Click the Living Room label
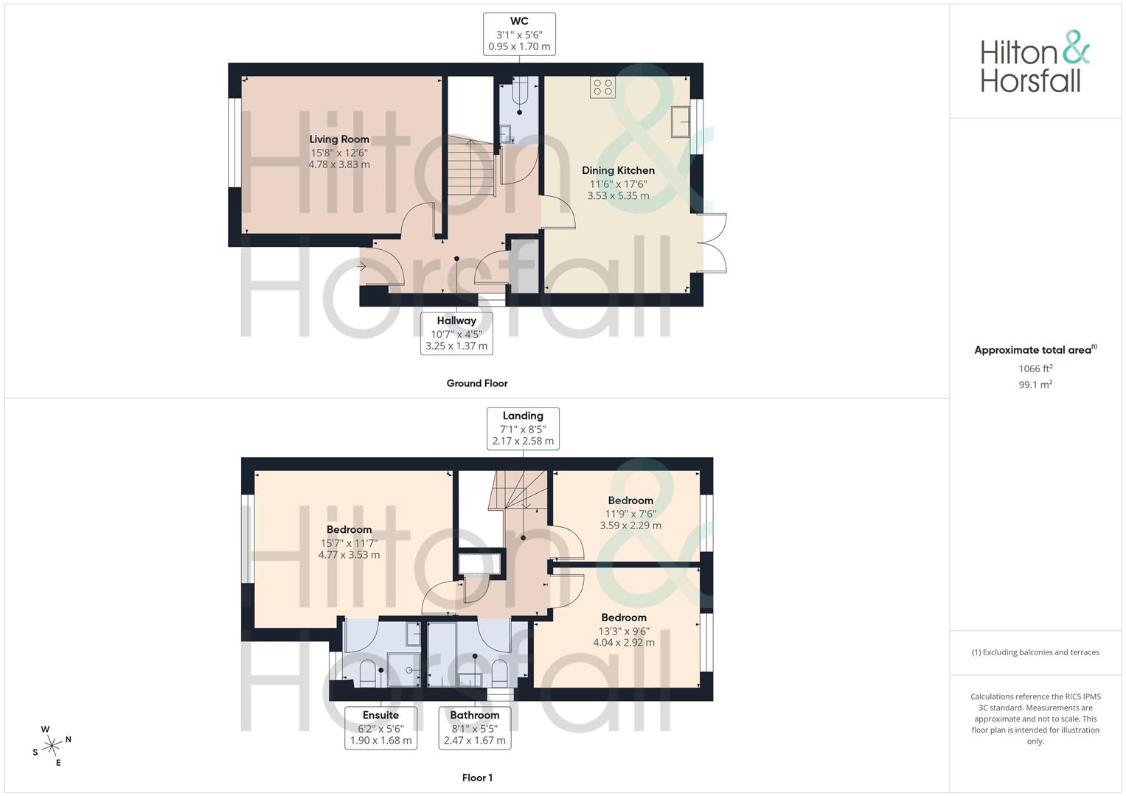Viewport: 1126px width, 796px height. point(338,139)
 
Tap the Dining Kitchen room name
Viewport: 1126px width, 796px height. point(618,170)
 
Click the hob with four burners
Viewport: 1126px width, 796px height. point(602,87)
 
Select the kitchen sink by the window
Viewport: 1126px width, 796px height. point(681,122)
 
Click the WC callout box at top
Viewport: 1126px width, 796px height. point(519,34)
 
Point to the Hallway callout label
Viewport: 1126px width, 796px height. point(456,334)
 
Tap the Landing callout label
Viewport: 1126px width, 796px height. point(523,429)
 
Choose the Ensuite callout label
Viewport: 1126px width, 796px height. point(380,727)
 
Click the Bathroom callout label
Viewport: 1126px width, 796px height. point(475,727)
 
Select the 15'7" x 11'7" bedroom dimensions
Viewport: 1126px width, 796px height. point(349,543)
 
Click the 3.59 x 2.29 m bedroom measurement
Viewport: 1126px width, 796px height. point(630,526)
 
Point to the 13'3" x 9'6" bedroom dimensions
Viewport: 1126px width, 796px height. point(624,631)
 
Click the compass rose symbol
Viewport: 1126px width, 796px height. point(52,746)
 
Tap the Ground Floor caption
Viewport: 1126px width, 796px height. point(477,383)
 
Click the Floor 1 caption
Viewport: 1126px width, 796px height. point(477,778)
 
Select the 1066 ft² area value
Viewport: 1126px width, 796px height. point(1035,369)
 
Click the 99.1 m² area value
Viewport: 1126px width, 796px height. point(1035,385)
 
